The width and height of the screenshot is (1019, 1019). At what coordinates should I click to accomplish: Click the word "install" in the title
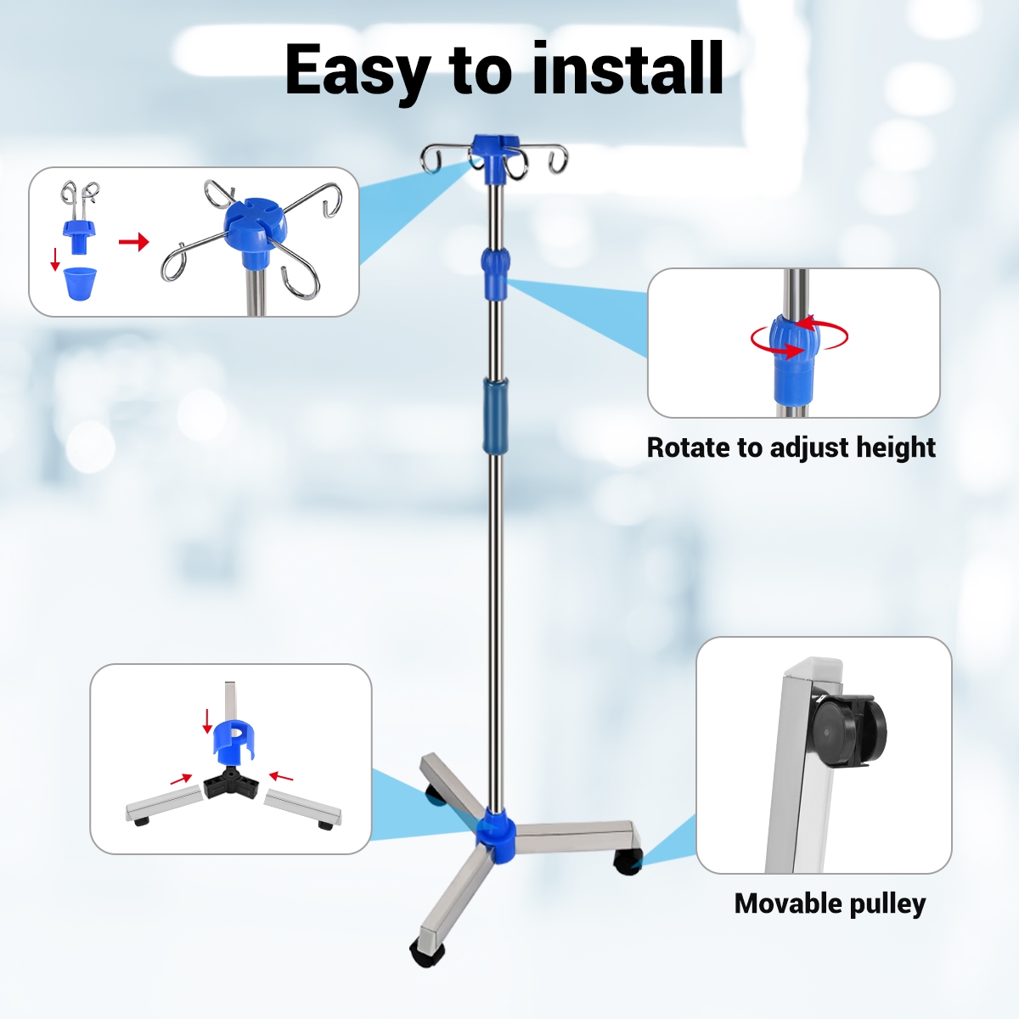coord(628,69)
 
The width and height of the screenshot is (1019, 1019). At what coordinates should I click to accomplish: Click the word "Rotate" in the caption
coord(688,448)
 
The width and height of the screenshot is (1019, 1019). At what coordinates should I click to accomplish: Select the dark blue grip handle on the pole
coord(495,415)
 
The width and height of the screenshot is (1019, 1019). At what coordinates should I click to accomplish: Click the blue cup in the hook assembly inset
coord(81,284)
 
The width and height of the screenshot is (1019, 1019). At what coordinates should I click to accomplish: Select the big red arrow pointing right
coord(134,242)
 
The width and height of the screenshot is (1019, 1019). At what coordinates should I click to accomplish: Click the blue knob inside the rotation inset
coord(794,360)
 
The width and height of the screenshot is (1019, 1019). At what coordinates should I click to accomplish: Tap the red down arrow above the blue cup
coord(54,259)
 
